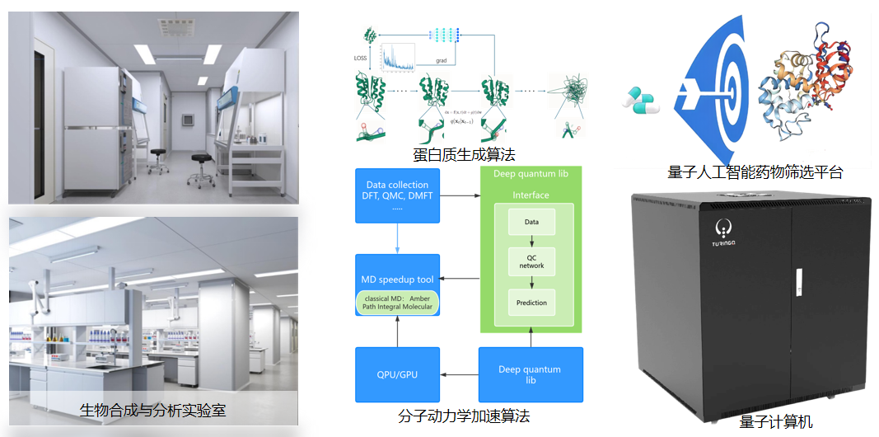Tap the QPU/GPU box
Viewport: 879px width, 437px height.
coord(396,374)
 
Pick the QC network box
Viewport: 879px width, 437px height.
coord(531,261)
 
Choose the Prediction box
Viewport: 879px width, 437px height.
coord(531,303)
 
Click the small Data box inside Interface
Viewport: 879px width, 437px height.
coord(531,222)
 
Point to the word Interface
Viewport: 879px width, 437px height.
coord(531,195)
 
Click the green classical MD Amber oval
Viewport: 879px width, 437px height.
coord(397,302)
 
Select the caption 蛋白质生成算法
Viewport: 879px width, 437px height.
coord(457,154)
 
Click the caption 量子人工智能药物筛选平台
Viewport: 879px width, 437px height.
coord(755,172)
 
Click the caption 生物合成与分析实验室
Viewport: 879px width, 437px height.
coord(153,410)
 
